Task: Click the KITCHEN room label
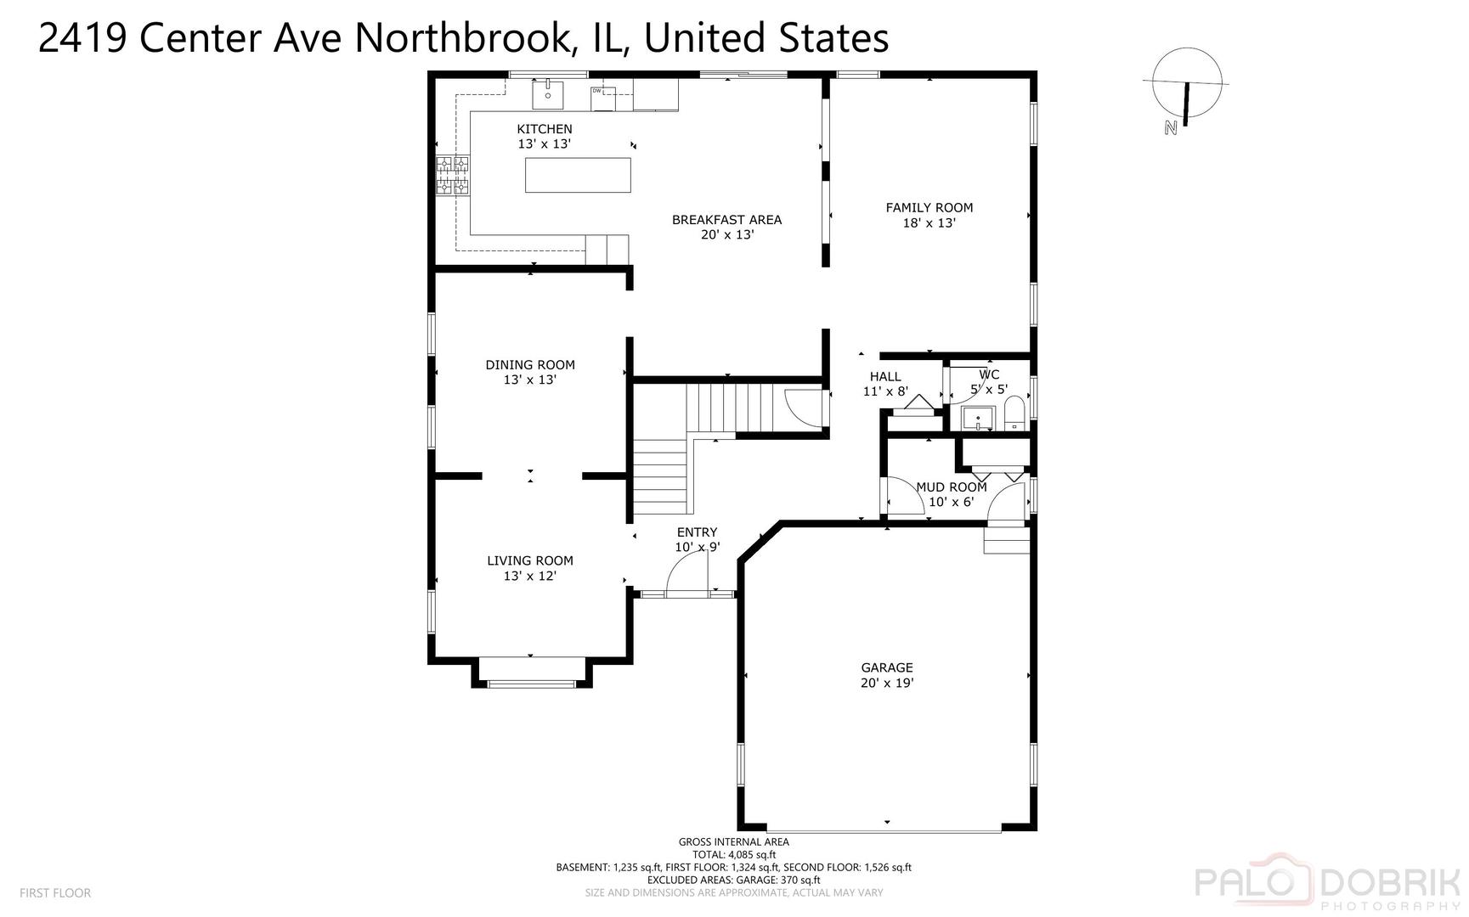(x=545, y=129)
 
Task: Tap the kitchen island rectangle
(x=578, y=175)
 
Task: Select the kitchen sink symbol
(x=548, y=94)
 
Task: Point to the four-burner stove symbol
(x=453, y=175)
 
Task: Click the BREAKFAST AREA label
(x=726, y=219)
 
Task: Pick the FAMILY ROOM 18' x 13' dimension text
(x=929, y=223)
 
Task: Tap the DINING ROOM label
(x=530, y=365)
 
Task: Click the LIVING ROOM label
(x=530, y=560)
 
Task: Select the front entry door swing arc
(x=686, y=573)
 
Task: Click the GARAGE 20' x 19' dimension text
(x=887, y=683)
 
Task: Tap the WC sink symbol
(x=978, y=419)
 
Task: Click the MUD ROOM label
(x=952, y=487)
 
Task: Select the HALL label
(x=885, y=377)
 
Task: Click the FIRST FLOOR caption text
(x=55, y=893)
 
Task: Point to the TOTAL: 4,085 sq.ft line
(x=734, y=855)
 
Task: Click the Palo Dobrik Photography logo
(x=1330, y=885)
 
